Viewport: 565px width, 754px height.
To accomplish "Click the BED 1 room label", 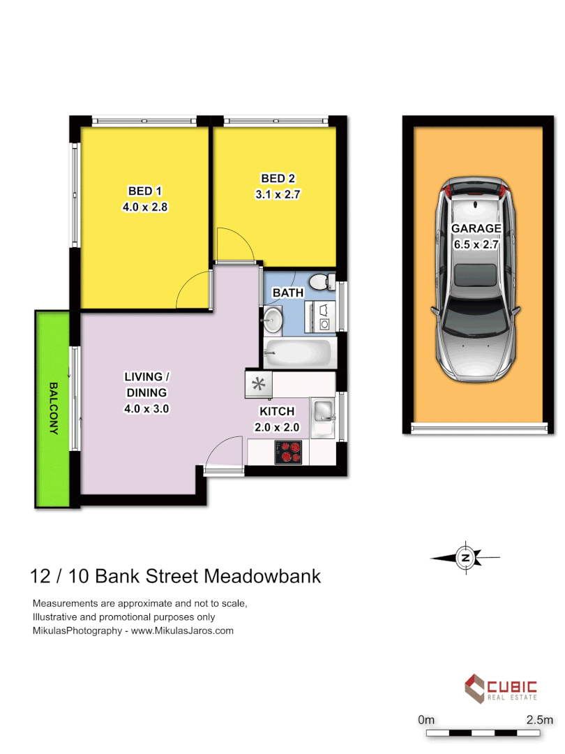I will pos(145,191).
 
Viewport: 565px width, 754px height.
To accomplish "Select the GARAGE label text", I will pos(476,228).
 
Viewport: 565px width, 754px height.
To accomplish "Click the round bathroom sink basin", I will pos(273,320).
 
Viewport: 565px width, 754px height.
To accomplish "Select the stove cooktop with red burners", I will pos(289,452).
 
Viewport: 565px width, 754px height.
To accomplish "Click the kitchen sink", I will pos(323,411).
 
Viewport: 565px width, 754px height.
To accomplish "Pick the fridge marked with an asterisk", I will pos(259,383).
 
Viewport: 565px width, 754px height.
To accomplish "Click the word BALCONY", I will pos(53,408).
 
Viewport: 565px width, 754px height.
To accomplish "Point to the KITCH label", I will pos(277,411).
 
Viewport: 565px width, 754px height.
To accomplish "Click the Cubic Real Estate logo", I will pos(501,689).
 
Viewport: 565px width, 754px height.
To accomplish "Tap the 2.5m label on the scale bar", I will pos(539,719).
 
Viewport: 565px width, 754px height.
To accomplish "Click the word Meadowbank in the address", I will pos(261,577).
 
